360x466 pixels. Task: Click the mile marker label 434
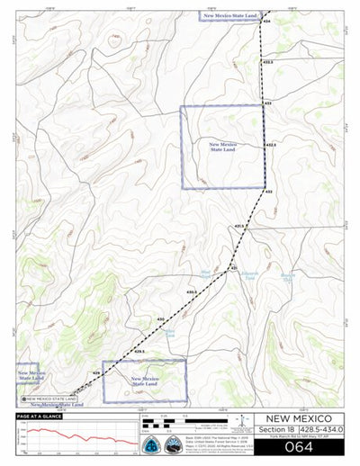[x=267, y=21]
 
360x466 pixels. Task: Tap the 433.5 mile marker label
[x=268, y=62]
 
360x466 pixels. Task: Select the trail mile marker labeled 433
[x=267, y=103]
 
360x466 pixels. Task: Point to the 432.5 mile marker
[x=270, y=144]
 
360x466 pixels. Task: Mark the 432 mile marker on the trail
[x=268, y=192]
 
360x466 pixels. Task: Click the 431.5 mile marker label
[x=239, y=226]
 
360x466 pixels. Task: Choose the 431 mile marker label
[x=232, y=267]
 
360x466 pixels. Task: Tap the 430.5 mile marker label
[x=192, y=292]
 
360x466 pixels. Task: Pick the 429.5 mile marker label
[x=139, y=350]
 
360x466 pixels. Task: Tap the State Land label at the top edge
[x=230, y=16]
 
